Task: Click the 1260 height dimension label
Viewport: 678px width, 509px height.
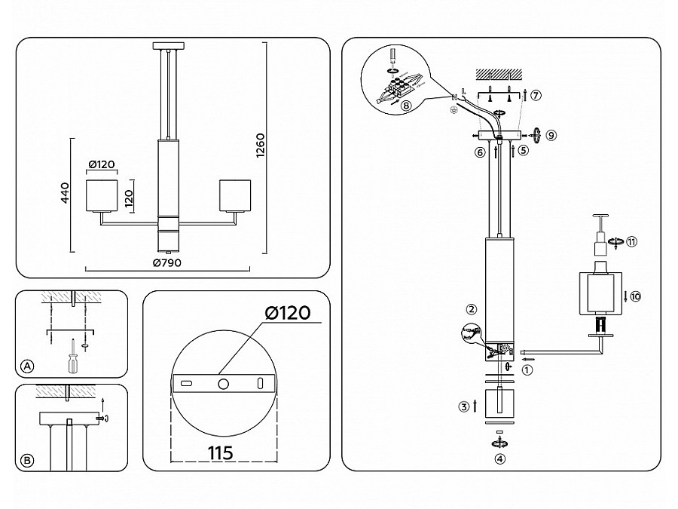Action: [261, 146]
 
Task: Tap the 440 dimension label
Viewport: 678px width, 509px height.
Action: [65, 193]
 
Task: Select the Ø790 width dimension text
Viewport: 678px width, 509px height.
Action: [167, 262]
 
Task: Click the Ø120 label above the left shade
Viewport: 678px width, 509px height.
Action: [102, 164]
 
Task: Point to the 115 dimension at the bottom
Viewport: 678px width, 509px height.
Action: [221, 452]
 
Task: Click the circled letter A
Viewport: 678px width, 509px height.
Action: [27, 366]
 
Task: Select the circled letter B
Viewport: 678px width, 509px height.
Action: [27, 461]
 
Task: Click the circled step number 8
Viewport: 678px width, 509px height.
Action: [406, 106]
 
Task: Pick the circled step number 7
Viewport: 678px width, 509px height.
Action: [536, 95]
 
